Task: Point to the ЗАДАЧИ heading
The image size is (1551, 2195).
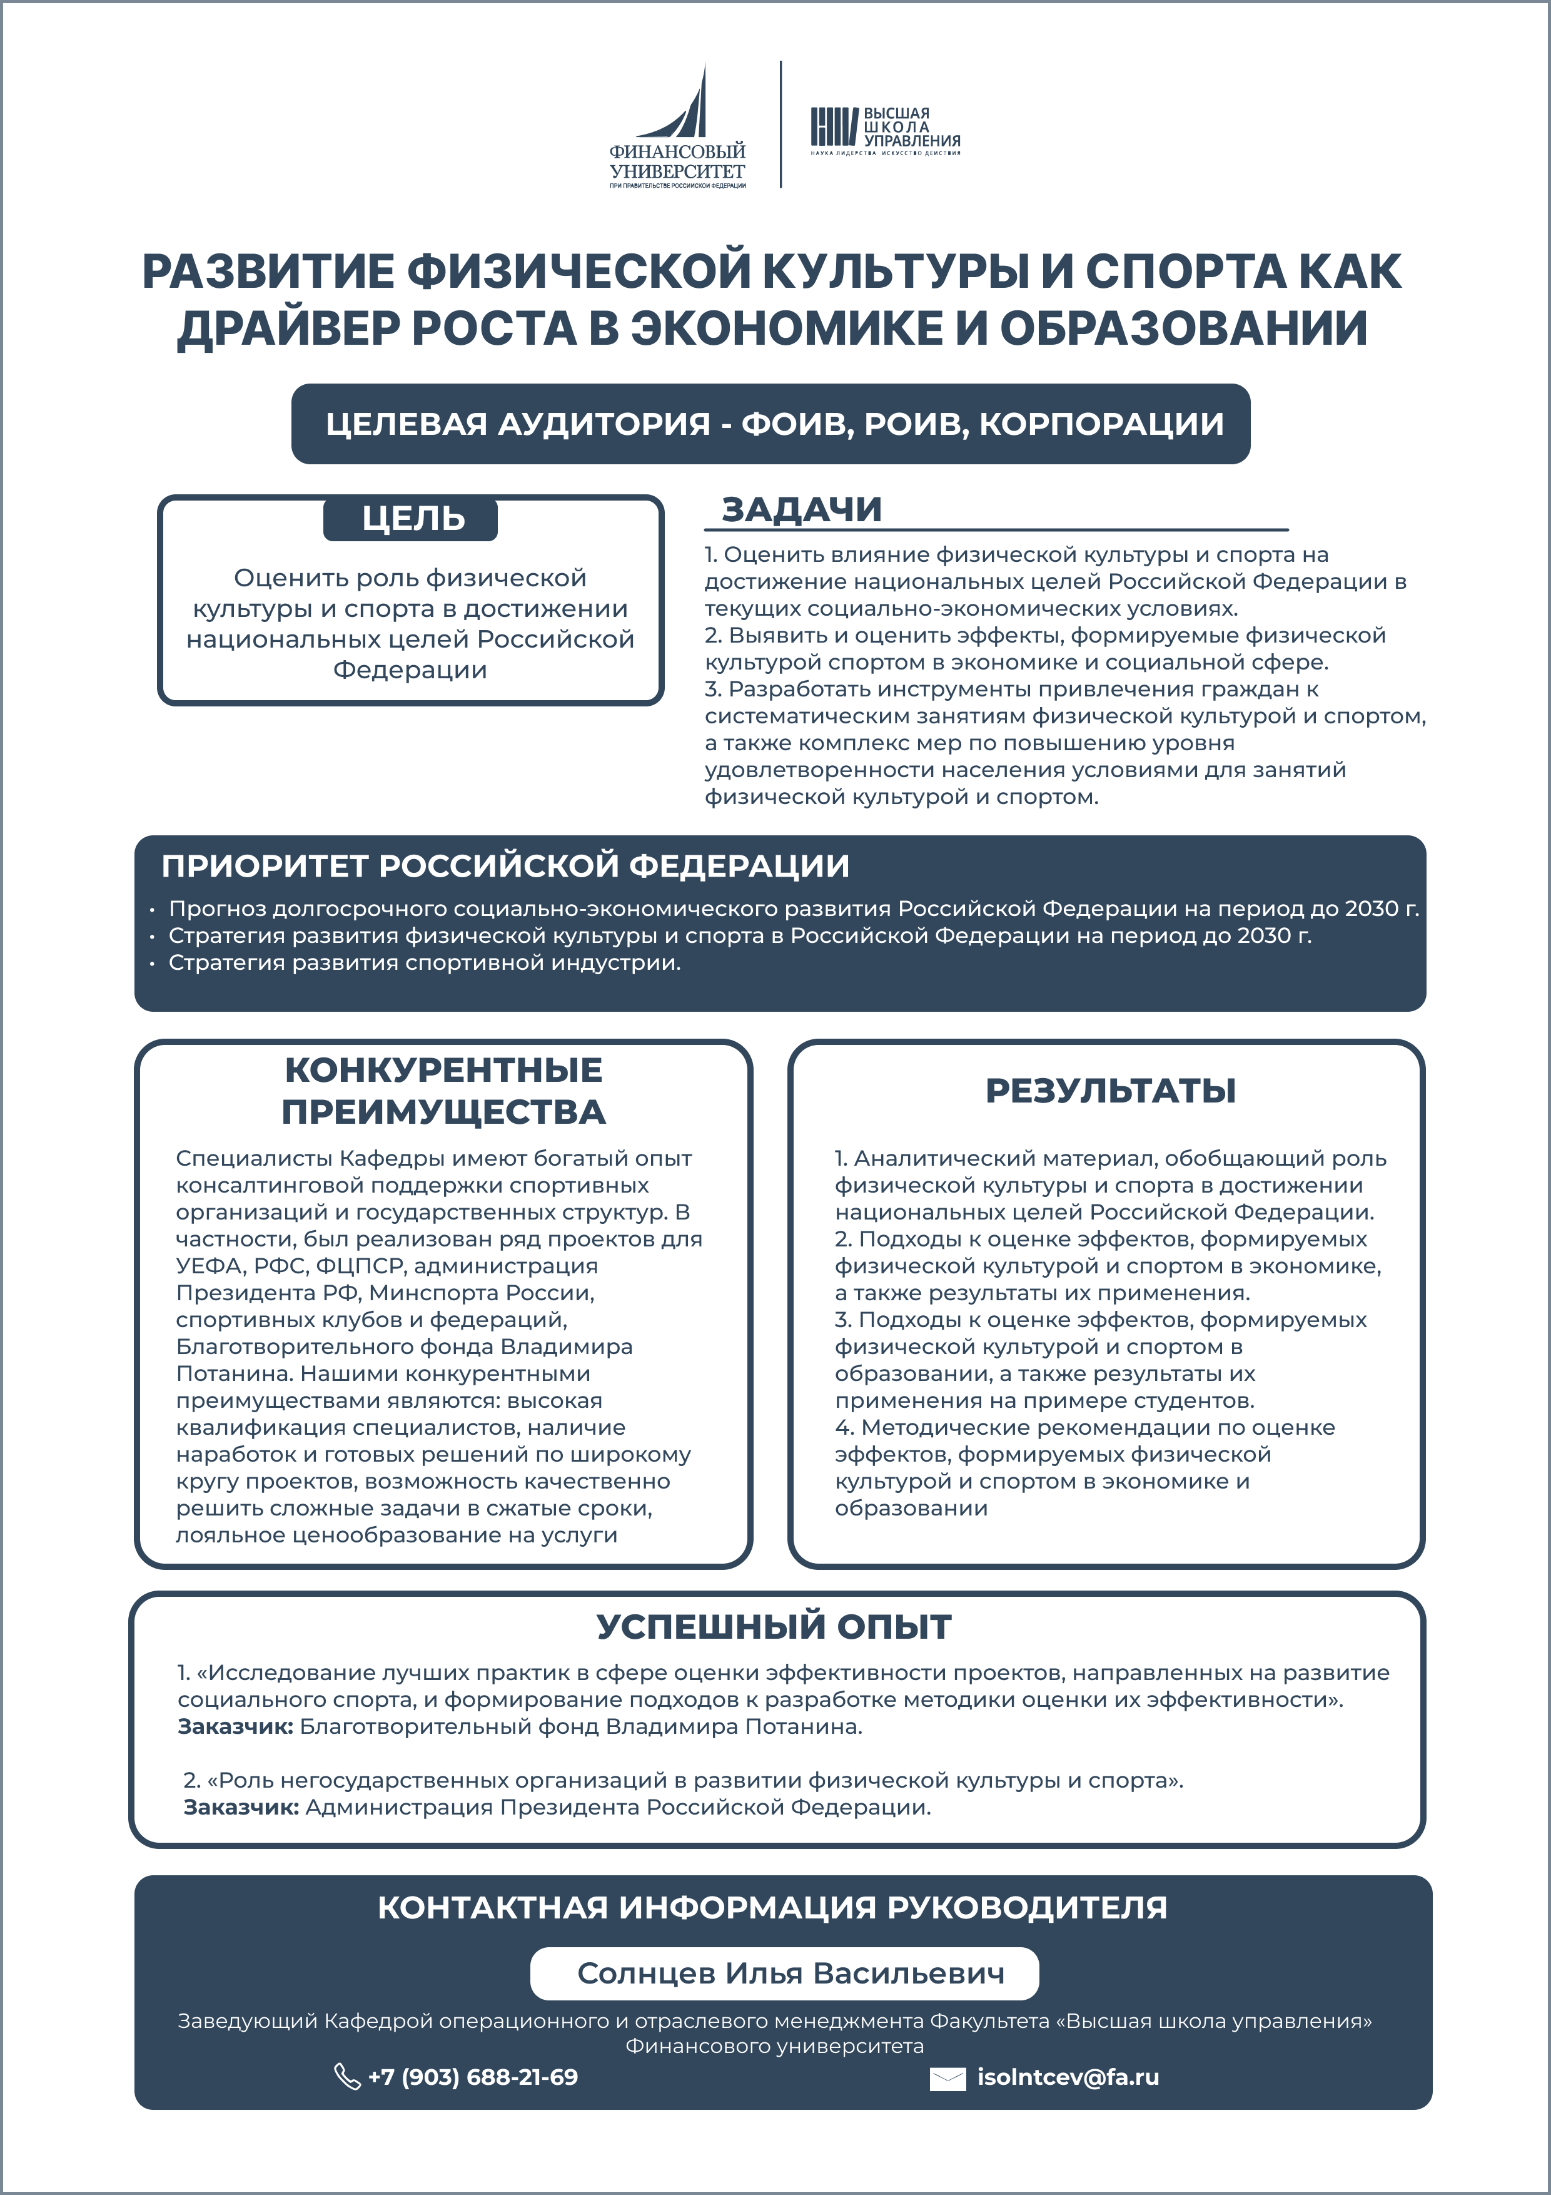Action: (801, 509)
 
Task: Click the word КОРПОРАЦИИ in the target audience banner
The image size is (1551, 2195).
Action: (1100, 424)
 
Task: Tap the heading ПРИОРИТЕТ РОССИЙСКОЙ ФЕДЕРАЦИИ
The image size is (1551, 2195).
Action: (505, 866)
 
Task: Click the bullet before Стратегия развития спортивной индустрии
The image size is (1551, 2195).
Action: (152, 964)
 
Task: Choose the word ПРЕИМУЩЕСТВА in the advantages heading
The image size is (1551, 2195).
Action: (443, 1113)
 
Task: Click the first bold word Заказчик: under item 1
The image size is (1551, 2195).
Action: (235, 1726)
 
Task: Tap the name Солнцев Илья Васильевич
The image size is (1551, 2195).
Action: (791, 1973)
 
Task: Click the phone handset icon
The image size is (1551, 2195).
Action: (346, 2077)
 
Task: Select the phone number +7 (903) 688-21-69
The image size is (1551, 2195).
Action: (472, 2077)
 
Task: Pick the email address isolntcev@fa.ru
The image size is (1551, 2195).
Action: (1068, 2077)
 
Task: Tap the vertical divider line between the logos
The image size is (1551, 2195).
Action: (781, 125)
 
